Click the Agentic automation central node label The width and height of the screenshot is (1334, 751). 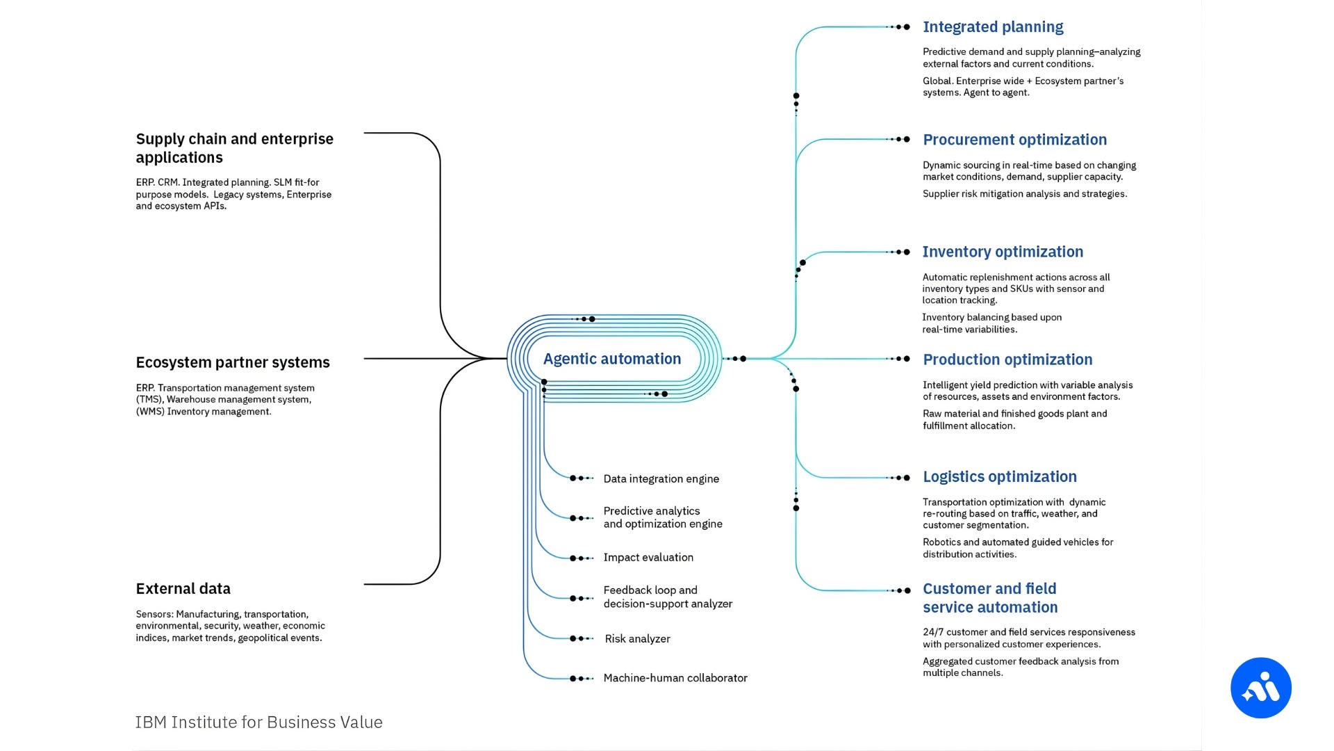pyautogui.click(x=611, y=359)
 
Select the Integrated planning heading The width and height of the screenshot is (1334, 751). pyautogui.click(x=993, y=27)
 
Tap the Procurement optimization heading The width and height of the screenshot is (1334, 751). pyautogui.click(x=1014, y=140)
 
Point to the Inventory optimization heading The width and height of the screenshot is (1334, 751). pyautogui.click(x=1003, y=252)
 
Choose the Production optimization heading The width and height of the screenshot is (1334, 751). pyautogui.click(x=1007, y=360)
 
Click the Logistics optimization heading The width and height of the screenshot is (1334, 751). pyautogui.click(x=999, y=477)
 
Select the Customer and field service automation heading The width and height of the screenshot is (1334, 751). pyautogui.click(x=990, y=598)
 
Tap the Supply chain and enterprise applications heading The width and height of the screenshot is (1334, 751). pyautogui.click(x=234, y=148)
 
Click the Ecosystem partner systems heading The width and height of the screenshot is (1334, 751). pyautogui.click(x=233, y=362)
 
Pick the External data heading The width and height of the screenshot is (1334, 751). pyautogui.click(x=183, y=589)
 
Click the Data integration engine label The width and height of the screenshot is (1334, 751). pyautogui.click(x=661, y=479)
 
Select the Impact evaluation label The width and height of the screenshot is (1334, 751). pyautogui.click(x=648, y=558)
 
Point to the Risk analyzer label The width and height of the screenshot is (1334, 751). pyautogui.click(x=637, y=639)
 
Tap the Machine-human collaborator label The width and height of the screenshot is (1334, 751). pyautogui.click(x=675, y=678)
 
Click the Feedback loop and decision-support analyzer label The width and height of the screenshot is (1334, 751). pyautogui.click(x=667, y=597)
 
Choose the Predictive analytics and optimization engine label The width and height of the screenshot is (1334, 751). pyautogui.click(x=662, y=517)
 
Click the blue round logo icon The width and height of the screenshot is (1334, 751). pyautogui.click(x=1260, y=688)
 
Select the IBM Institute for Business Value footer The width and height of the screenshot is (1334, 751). pyautogui.click(x=258, y=722)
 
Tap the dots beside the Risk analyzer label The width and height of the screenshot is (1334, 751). pyautogui.click(x=580, y=638)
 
